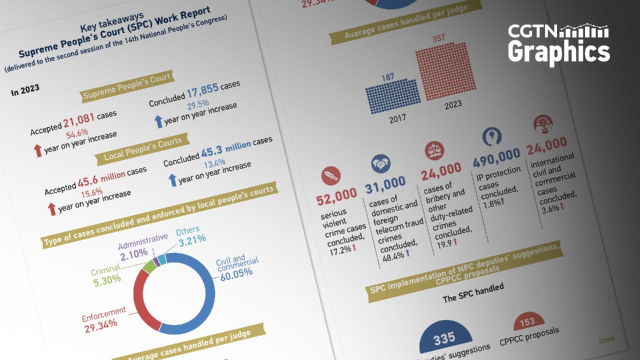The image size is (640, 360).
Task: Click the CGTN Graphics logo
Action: (558, 44)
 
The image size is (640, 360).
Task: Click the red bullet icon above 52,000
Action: (332, 175)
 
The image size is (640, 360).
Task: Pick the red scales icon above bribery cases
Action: (433, 150)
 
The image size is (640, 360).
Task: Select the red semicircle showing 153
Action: (527, 323)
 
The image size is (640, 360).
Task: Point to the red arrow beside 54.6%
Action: (38, 150)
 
